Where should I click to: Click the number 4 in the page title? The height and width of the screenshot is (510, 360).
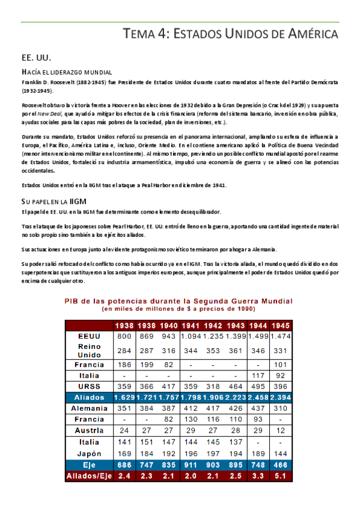click(x=160, y=34)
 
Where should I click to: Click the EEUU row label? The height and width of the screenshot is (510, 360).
click(x=88, y=335)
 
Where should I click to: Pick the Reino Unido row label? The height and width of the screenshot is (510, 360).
click(x=88, y=350)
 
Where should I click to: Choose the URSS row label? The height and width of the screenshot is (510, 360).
click(x=88, y=386)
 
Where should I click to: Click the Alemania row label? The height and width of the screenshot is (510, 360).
click(x=88, y=408)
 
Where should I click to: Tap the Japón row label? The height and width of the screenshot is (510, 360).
click(x=88, y=453)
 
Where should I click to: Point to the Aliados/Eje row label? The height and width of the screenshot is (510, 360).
click(x=88, y=476)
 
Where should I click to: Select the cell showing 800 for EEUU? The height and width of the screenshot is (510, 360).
click(x=124, y=335)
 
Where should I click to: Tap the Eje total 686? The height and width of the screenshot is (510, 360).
click(x=124, y=465)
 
